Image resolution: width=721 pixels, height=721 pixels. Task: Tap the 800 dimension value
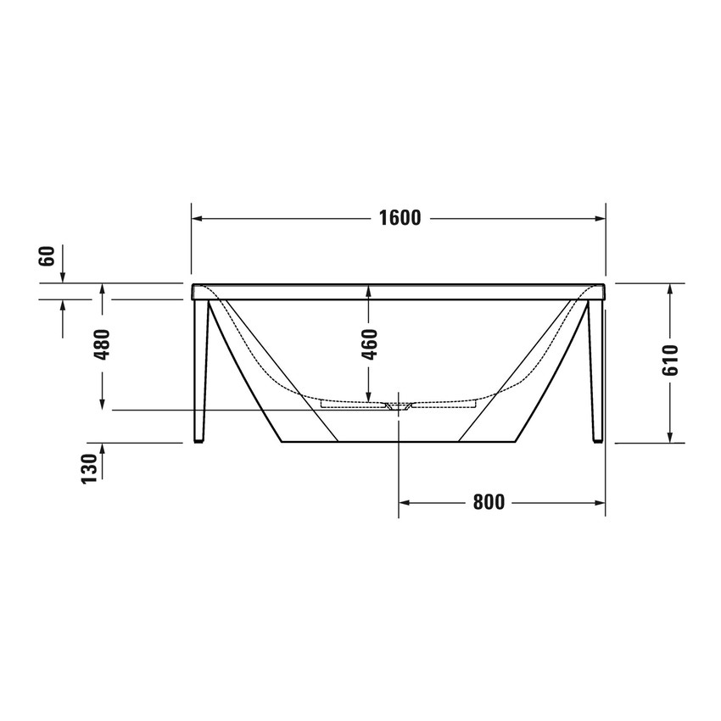pyautogui.click(x=489, y=502)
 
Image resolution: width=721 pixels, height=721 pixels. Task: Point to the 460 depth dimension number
pyautogui.click(x=369, y=344)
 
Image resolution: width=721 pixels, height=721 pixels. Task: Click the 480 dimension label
pyautogui.click(x=103, y=344)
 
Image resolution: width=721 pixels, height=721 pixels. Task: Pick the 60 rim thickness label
pyautogui.click(x=48, y=255)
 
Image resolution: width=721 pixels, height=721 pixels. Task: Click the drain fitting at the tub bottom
pyautogui.click(x=399, y=407)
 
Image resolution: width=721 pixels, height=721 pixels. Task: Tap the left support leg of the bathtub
pyautogui.click(x=200, y=373)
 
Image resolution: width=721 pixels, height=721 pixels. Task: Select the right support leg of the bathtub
pyautogui.click(x=596, y=373)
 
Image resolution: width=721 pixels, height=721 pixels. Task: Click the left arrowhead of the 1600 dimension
pyautogui.click(x=197, y=218)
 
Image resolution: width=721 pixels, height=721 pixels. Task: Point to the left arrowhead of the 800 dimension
pyautogui.click(x=405, y=502)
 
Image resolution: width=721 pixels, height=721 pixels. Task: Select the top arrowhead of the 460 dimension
pyautogui.click(x=369, y=288)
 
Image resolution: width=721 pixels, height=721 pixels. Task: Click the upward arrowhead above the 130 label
pyautogui.click(x=103, y=448)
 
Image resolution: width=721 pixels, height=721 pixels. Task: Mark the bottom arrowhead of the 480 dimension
pyautogui.click(x=103, y=405)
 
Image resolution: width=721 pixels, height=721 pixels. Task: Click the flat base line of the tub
pyautogui.click(x=399, y=442)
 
